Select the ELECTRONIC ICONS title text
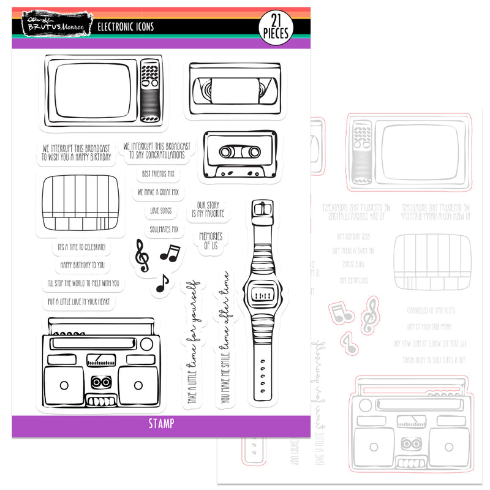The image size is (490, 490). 126,27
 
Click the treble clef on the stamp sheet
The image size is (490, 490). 141,254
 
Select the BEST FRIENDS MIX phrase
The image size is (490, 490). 158,174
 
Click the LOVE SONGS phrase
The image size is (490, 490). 161,211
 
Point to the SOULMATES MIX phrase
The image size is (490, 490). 164,229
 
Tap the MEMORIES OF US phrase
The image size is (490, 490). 211,240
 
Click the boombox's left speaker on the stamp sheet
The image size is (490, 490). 64,385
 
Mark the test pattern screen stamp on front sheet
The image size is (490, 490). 80,201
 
